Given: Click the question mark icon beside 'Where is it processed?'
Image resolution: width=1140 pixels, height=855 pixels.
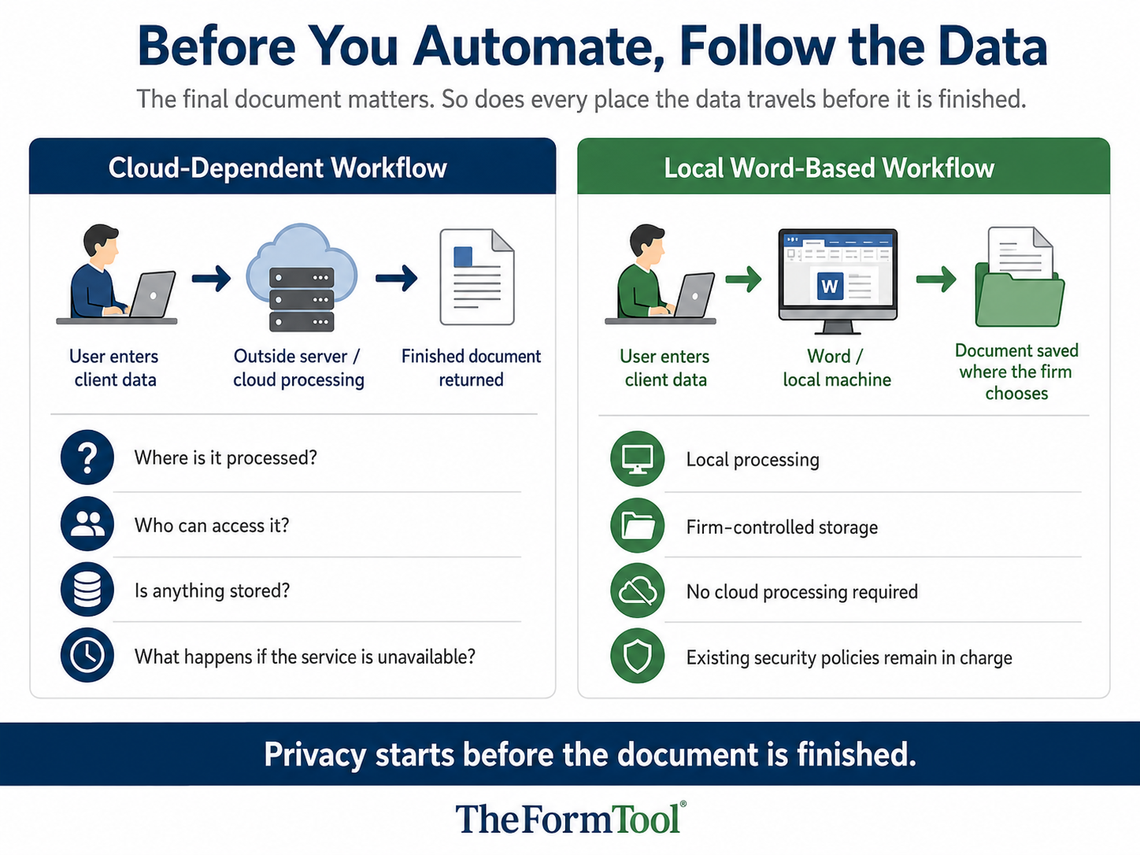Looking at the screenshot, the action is [87, 457].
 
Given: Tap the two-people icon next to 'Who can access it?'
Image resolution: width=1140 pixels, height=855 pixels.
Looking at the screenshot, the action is [87, 524].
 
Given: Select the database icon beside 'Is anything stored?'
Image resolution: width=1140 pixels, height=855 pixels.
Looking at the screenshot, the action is [87, 590].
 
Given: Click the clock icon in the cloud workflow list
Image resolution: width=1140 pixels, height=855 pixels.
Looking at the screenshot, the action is [87, 655].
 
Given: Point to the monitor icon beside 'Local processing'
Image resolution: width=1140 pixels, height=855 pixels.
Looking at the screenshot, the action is [637, 458].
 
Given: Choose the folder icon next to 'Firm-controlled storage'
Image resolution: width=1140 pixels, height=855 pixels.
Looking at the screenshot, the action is [637, 525].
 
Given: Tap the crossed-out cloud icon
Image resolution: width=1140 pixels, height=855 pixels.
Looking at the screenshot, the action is [637, 590].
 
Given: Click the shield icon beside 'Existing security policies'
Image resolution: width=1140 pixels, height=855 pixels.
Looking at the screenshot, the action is [637, 656].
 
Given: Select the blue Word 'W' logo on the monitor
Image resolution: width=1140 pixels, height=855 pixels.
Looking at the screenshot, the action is [830, 286].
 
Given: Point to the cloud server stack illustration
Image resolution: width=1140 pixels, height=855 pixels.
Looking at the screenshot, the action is [302, 277].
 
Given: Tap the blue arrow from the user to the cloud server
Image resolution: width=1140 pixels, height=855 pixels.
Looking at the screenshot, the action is [211, 279].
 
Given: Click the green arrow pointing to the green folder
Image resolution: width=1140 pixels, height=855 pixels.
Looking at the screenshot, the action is [936, 279].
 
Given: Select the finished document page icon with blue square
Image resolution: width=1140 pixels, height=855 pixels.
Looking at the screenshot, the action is [477, 277].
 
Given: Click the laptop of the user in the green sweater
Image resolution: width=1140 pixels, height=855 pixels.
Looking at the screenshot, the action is [694, 295].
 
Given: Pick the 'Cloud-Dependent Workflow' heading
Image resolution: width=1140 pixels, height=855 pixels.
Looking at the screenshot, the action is [277, 168].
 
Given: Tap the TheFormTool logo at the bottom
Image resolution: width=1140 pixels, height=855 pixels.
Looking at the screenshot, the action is [571, 818].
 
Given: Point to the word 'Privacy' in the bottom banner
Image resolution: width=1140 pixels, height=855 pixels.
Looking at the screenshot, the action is [315, 755].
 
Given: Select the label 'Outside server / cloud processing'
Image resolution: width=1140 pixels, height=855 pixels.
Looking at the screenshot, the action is [298, 368].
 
